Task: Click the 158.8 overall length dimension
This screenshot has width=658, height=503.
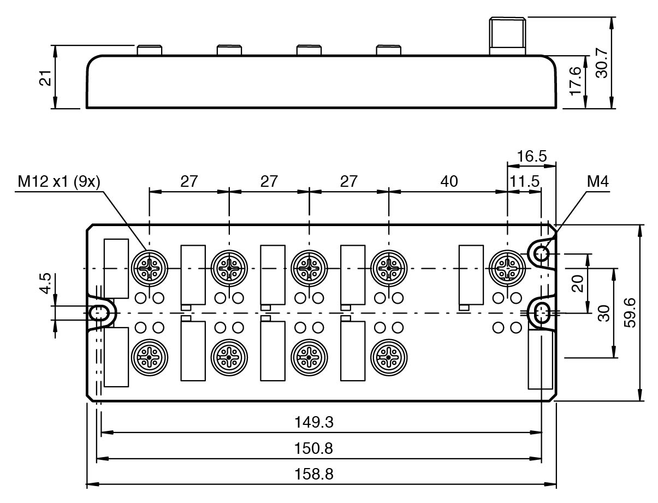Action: coord(321,474)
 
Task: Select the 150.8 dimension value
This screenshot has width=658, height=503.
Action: coord(321,448)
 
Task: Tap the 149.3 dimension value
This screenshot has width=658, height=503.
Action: coord(321,422)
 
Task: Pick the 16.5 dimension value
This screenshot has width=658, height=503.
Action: coord(531,156)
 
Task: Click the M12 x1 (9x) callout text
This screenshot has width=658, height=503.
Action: coord(58,181)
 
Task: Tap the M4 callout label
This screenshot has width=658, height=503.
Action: coord(597,181)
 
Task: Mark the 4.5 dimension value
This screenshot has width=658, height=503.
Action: coord(46,283)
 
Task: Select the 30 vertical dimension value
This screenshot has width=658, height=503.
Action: coord(603,313)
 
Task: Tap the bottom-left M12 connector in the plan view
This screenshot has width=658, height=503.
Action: coord(149,358)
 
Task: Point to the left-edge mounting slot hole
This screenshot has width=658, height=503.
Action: coord(99,313)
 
